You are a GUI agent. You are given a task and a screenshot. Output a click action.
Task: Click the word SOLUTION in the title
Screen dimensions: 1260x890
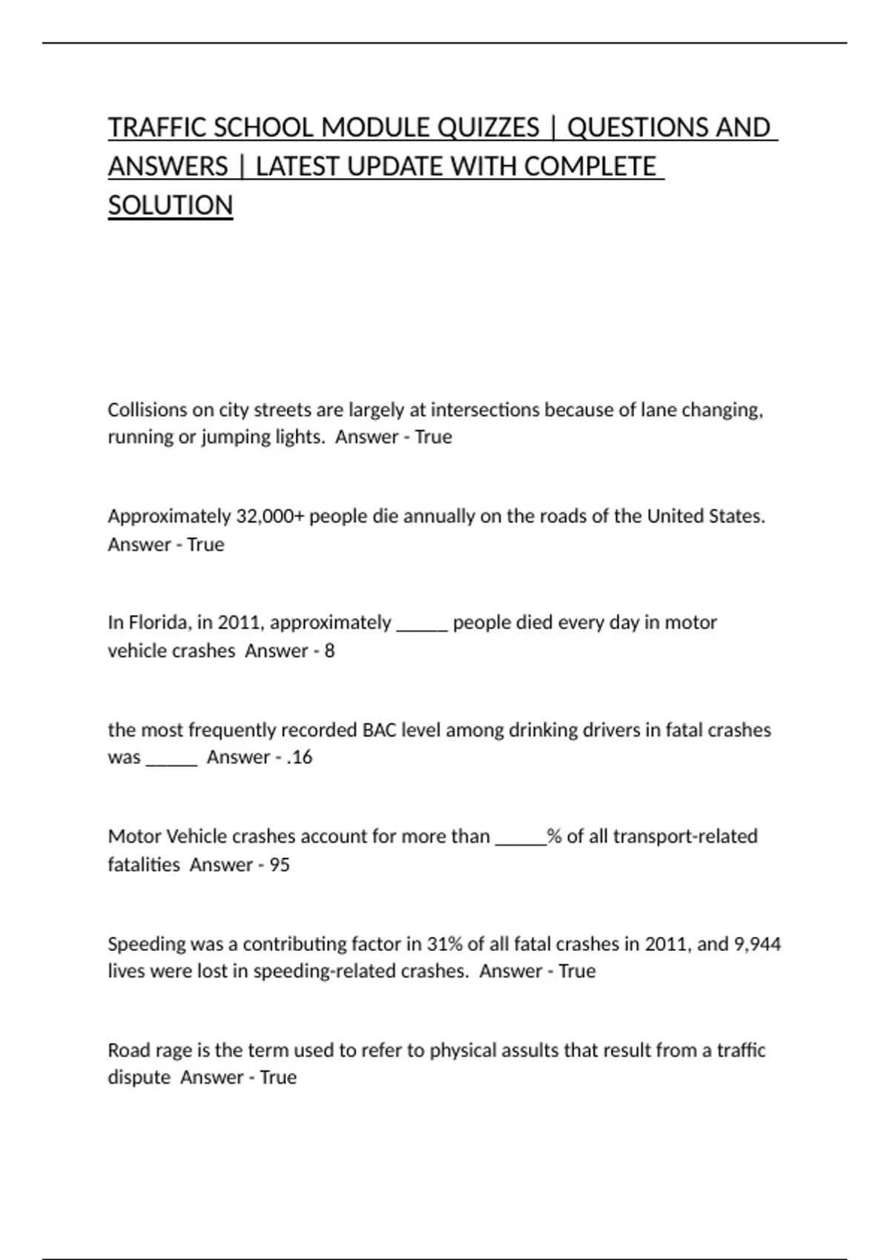(171, 205)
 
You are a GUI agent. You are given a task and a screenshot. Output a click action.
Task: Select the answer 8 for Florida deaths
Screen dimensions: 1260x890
(329, 651)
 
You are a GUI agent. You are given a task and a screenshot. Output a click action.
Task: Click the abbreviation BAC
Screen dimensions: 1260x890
(379, 730)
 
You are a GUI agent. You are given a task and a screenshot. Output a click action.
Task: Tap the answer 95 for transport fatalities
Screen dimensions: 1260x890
(279, 865)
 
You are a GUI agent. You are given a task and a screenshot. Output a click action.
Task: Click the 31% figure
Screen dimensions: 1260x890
(444, 944)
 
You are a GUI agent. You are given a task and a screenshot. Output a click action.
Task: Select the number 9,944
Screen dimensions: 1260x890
(757, 944)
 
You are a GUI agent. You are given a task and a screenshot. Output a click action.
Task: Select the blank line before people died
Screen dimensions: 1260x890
(422, 625)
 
